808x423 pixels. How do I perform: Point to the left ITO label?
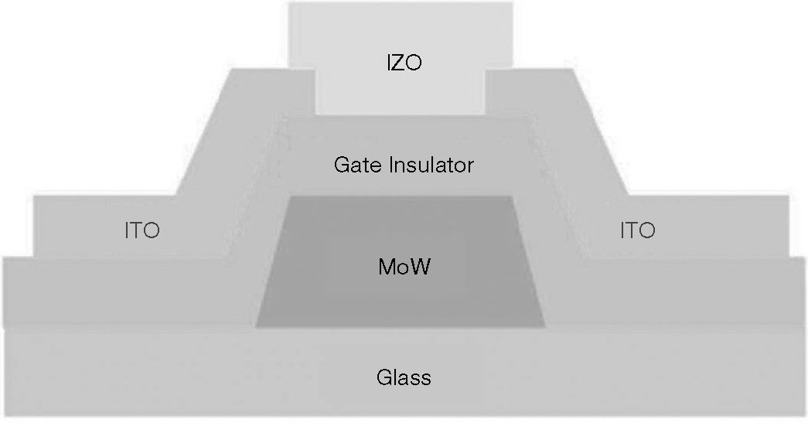click(142, 230)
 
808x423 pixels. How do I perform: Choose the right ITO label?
click(637, 230)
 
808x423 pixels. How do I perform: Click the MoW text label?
click(404, 268)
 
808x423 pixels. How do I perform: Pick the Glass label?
click(404, 378)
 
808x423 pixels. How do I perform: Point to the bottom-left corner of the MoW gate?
click(257, 326)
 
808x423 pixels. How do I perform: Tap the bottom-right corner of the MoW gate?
click(546, 326)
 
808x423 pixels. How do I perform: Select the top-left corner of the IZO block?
click(288, 2)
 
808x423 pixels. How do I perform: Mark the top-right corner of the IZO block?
click(515, 2)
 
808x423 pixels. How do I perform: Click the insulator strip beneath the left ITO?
click(116, 290)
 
